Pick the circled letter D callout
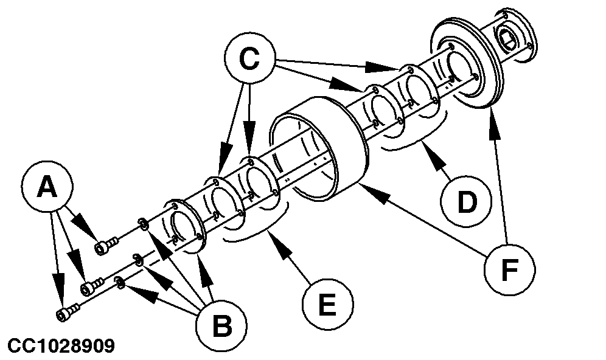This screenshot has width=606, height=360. click(x=466, y=202)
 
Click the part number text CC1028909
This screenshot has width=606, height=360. click(x=58, y=346)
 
